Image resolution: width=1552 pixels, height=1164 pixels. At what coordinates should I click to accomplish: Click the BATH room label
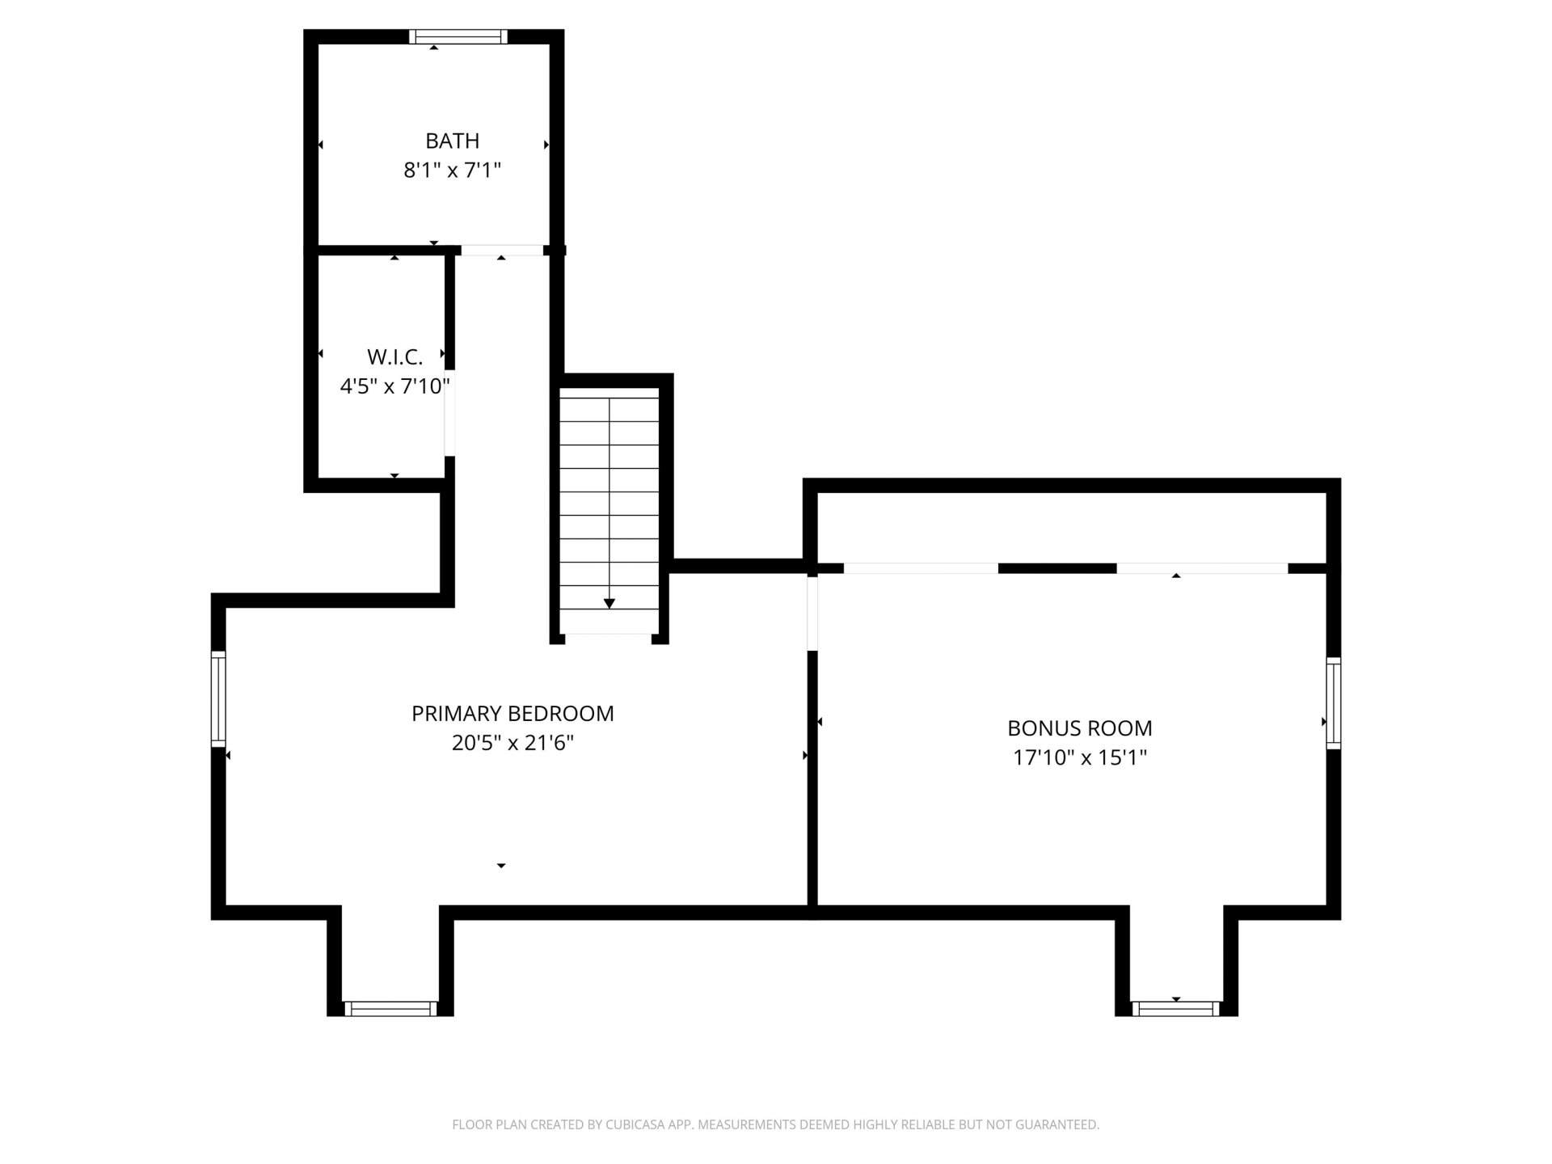(452, 141)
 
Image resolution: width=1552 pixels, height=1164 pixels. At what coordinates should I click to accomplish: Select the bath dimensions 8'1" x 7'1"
(453, 171)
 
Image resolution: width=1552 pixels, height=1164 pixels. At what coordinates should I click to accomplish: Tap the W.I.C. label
(395, 356)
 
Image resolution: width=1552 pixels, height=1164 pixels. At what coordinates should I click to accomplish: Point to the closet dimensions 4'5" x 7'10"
(394, 386)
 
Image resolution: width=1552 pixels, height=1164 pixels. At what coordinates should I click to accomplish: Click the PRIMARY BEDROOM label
(512, 714)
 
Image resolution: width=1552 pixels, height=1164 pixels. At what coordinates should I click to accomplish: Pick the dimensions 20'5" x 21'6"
(512, 743)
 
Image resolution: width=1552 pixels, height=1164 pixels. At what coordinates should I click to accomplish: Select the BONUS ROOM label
(1080, 728)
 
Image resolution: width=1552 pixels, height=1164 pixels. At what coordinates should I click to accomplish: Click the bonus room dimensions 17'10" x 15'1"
(1080, 757)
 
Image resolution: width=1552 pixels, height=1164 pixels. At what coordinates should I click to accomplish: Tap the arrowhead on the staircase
(609, 604)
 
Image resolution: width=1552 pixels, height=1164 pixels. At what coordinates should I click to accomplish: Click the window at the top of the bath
(458, 36)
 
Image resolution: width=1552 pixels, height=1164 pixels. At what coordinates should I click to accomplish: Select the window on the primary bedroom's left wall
(218, 698)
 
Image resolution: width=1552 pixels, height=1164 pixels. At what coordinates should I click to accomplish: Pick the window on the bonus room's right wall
(1334, 703)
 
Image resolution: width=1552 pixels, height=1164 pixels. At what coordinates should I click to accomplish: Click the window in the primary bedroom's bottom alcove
(390, 1009)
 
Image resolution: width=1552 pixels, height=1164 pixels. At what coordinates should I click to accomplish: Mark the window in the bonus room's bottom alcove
(1176, 1009)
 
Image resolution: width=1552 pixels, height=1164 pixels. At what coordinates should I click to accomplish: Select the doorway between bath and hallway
(502, 251)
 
